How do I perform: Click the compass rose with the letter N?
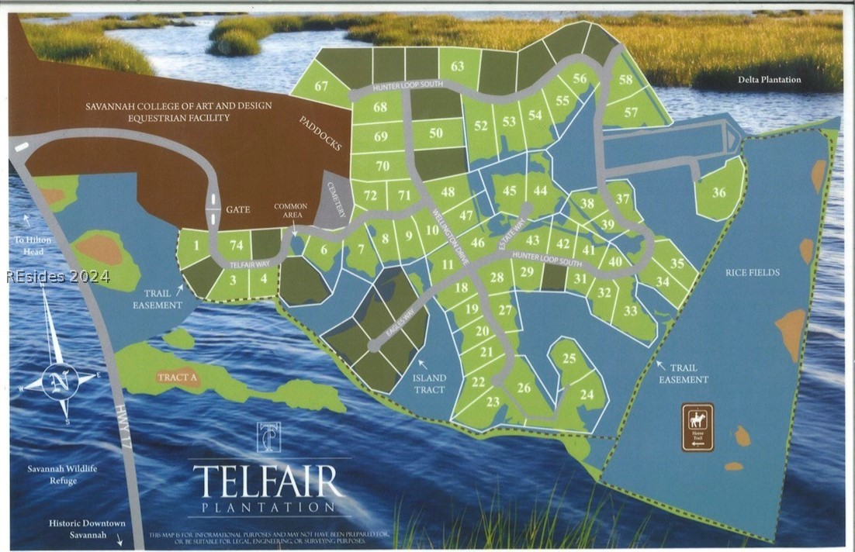61,381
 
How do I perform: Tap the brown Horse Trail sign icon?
697,426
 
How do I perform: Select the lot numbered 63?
458,66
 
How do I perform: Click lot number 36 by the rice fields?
719,192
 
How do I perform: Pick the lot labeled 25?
569,358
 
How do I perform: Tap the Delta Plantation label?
770,79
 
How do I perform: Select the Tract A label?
178,377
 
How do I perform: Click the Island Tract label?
429,384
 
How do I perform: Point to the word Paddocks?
320,133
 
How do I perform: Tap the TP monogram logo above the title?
268,437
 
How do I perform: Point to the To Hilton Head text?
33,245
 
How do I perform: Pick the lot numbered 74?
235,244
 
